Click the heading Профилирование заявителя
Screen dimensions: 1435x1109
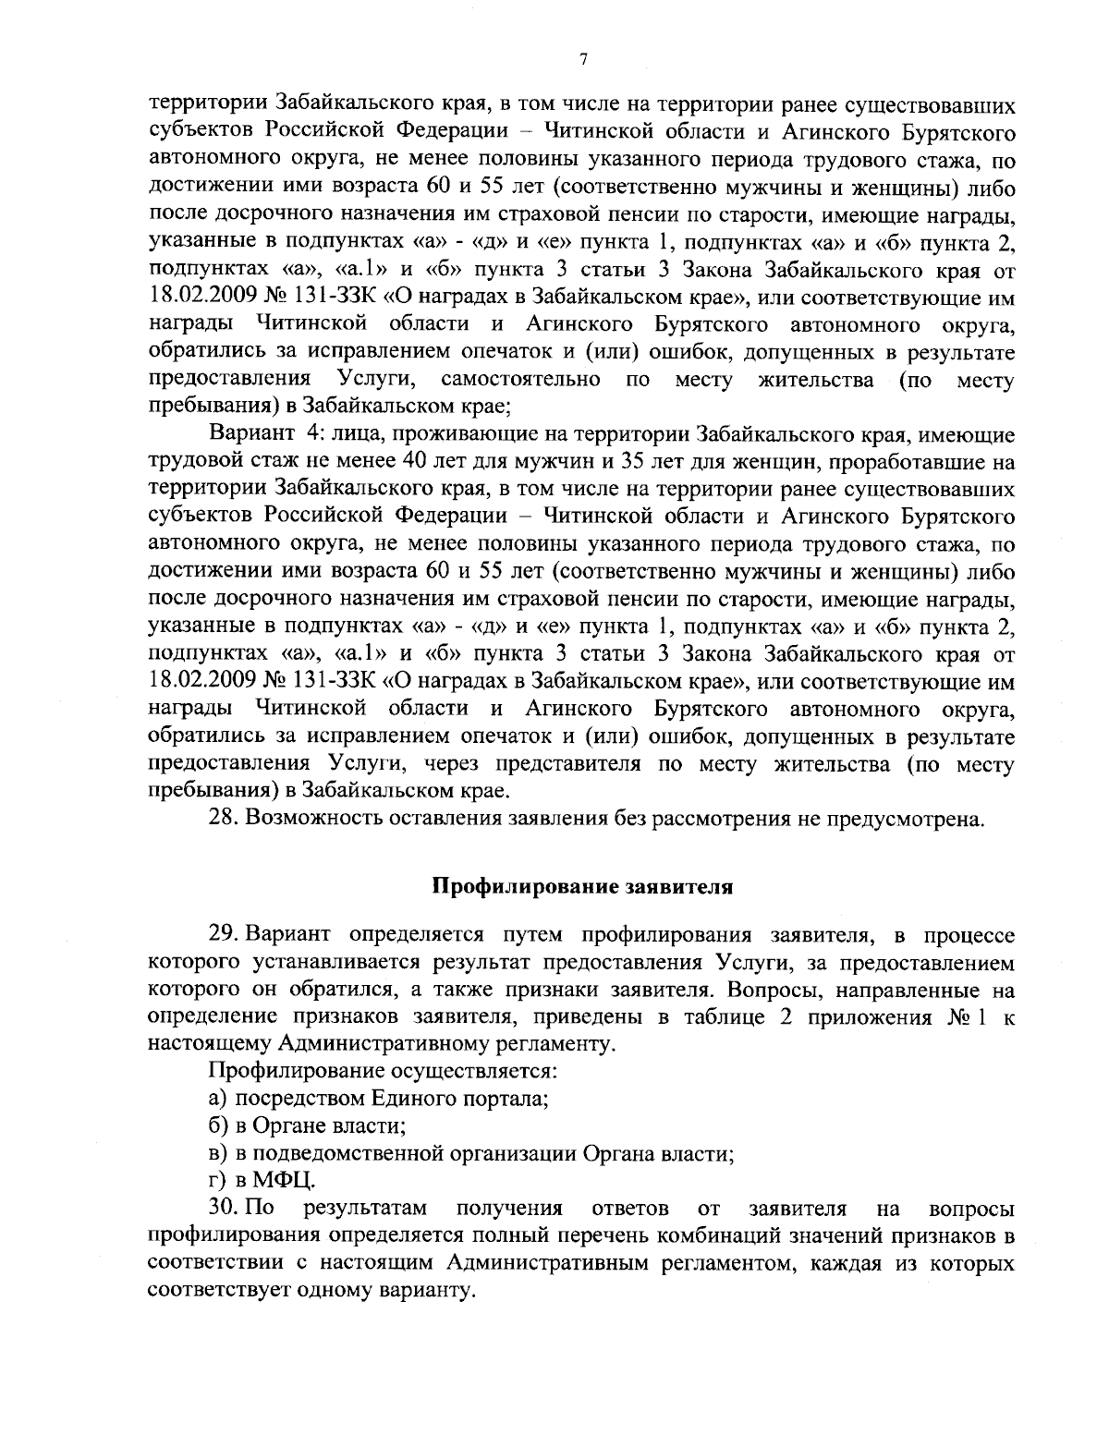(x=582, y=887)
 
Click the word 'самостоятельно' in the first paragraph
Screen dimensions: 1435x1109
(x=522, y=380)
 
